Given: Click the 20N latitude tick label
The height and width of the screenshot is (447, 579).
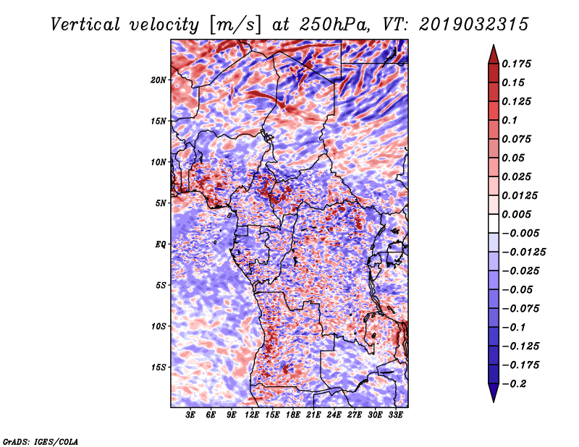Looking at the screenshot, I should tap(159, 80).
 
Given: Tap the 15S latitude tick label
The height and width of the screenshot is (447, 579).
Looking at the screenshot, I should tap(159, 367).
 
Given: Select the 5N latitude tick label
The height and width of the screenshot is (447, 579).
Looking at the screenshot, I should tap(161, 203).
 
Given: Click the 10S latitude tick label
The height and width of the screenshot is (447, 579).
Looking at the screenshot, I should tap(159, 326).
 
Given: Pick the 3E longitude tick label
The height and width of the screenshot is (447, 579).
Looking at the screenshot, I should tap(191, 416).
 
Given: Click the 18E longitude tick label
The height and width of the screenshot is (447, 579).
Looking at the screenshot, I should tap(294, 416).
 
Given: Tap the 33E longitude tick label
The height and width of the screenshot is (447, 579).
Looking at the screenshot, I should tap(396, 416).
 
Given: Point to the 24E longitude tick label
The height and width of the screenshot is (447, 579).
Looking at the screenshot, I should tap(334, 416).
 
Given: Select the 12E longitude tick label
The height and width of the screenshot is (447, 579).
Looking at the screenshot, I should tap(253, 416).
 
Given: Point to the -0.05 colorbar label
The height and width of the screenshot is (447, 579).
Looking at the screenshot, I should tap(518, 289).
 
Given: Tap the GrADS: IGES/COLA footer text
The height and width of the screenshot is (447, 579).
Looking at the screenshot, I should tap(41, 440).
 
